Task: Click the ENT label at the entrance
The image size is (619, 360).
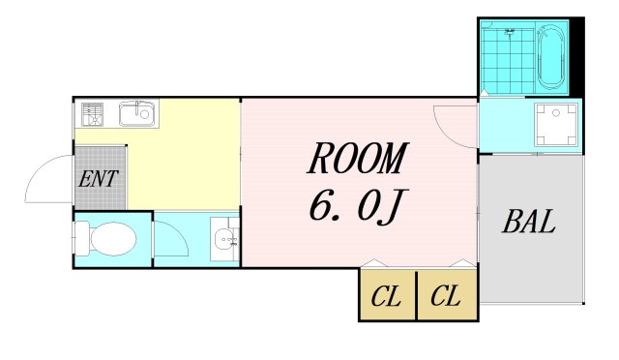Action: tap(100, 178)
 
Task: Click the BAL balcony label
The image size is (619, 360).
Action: tap(529, 223)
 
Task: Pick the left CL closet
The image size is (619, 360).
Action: tap(387, 295)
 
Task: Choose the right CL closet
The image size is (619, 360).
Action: tap(446, 295)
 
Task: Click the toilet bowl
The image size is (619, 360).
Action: tap(116, 238)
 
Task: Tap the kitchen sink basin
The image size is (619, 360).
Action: tap(136, 115)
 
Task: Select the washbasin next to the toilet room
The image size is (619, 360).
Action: tap(226, 240)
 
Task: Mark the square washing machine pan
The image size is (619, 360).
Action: tap(557, 123)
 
